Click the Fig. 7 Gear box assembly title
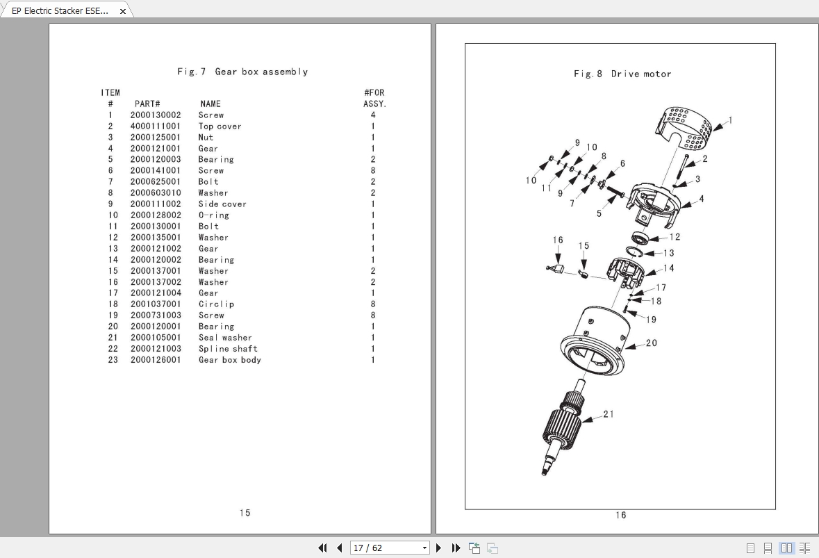(x=242, y=72)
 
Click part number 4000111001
(x=156, y=126)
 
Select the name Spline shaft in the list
(x=228, y=349)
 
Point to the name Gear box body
(x=230, y=360)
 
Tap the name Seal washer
(x=225, y=338)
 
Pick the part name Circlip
(x=216, y=304)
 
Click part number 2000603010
(x=156, y=193)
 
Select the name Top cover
(x=220, y=126)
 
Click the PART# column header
(x=147, y=104)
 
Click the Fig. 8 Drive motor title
(x=622, y=74)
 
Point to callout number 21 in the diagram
(x=608, y=414)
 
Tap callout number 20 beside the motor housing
(x=651, y=343)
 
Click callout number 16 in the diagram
(x=558, y=240)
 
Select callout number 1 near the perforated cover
(x=729, y=120)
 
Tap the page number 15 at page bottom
(x=245, y=513)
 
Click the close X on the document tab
(x=123, y=11)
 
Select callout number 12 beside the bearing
(x=675, y=237)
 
